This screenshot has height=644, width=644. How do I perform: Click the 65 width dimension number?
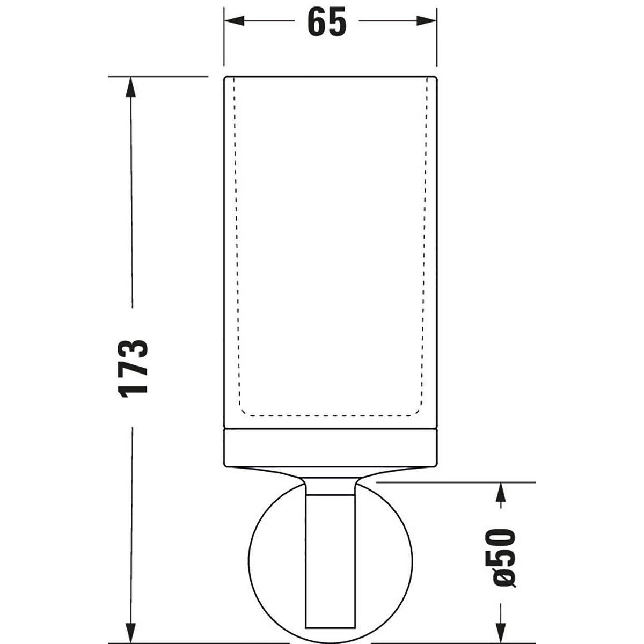click(327, 23)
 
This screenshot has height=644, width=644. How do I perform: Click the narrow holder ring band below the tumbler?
click(331, 447)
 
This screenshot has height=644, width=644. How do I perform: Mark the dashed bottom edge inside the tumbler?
click(331, 415)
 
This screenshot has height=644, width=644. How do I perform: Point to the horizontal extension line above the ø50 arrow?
click(456, 482)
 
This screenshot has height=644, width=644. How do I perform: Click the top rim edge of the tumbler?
click(331, 77)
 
